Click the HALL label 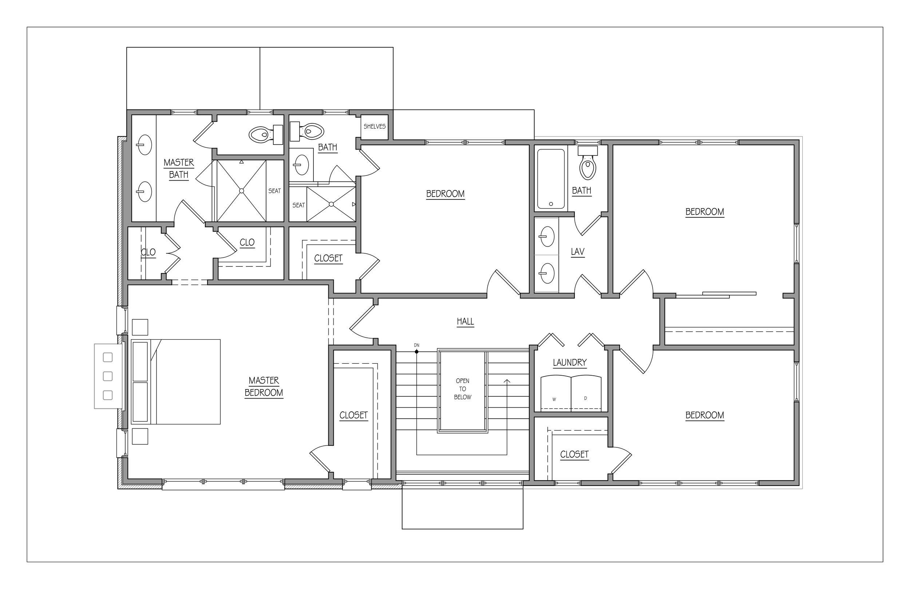click(465, 322)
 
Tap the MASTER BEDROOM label click(264, 387)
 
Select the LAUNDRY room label click(570, 363)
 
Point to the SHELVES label click(375, 127)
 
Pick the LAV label click(578, 252)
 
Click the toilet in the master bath click(266, 134)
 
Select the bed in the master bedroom click(176, 382)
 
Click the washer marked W click(555, 393)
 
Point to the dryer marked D click(586, 393)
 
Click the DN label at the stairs click(417, 345)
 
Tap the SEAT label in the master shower click(274, 191)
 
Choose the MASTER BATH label click(179, 169)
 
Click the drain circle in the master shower click(241, 190)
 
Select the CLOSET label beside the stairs click(354, 415)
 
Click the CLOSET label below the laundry click(574, 454)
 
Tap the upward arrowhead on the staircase click(507, 381)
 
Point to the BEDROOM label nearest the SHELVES click(446, 194)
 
